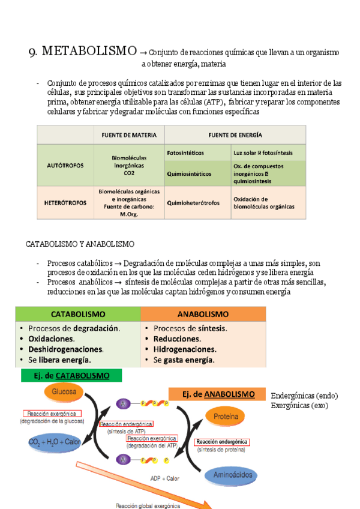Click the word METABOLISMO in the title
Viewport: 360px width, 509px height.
coord(88,51)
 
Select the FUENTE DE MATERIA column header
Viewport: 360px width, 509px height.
coord(128,135)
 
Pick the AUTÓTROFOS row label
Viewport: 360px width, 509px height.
coord(65,164)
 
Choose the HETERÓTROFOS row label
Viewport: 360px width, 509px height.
coord(65,203)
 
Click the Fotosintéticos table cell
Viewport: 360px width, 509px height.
coord(185,152)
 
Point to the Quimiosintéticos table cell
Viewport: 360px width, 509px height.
coord(189,174)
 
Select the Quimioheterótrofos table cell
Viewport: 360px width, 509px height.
coord(193,203)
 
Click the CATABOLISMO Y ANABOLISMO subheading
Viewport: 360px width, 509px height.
coord(80,244)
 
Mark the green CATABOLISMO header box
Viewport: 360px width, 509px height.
coord(78,314)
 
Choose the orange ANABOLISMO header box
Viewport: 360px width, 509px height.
coord(203,314)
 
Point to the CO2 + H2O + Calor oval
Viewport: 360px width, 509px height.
coord(54,442)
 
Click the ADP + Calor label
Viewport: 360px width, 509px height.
coord(164,478)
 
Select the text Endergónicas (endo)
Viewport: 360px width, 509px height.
coord(304,396)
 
